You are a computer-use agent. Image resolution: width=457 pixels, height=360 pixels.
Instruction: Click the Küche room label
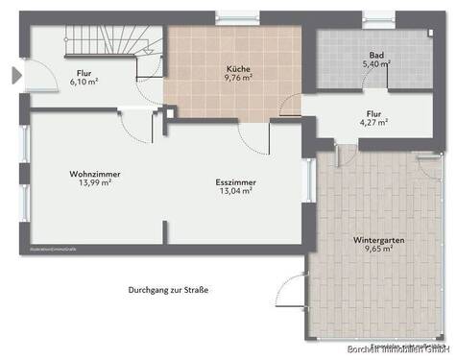click(x=239, y=70)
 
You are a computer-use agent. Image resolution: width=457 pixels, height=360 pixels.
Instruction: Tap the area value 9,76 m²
click(x=239, y=81)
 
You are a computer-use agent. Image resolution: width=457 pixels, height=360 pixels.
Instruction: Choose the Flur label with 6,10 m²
click(x=90, y=72)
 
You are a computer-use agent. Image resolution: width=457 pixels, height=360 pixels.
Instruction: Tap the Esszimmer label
click(x=236, y=181)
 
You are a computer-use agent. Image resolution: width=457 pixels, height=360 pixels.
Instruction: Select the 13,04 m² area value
click(x=236, y=191)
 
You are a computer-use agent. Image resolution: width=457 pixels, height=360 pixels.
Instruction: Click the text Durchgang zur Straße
click(x=169, y=289)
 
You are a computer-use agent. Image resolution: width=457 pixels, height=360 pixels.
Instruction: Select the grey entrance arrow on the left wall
click(x=12, y=75)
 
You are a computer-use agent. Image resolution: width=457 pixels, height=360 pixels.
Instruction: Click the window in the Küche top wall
click(x=239, y=16)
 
